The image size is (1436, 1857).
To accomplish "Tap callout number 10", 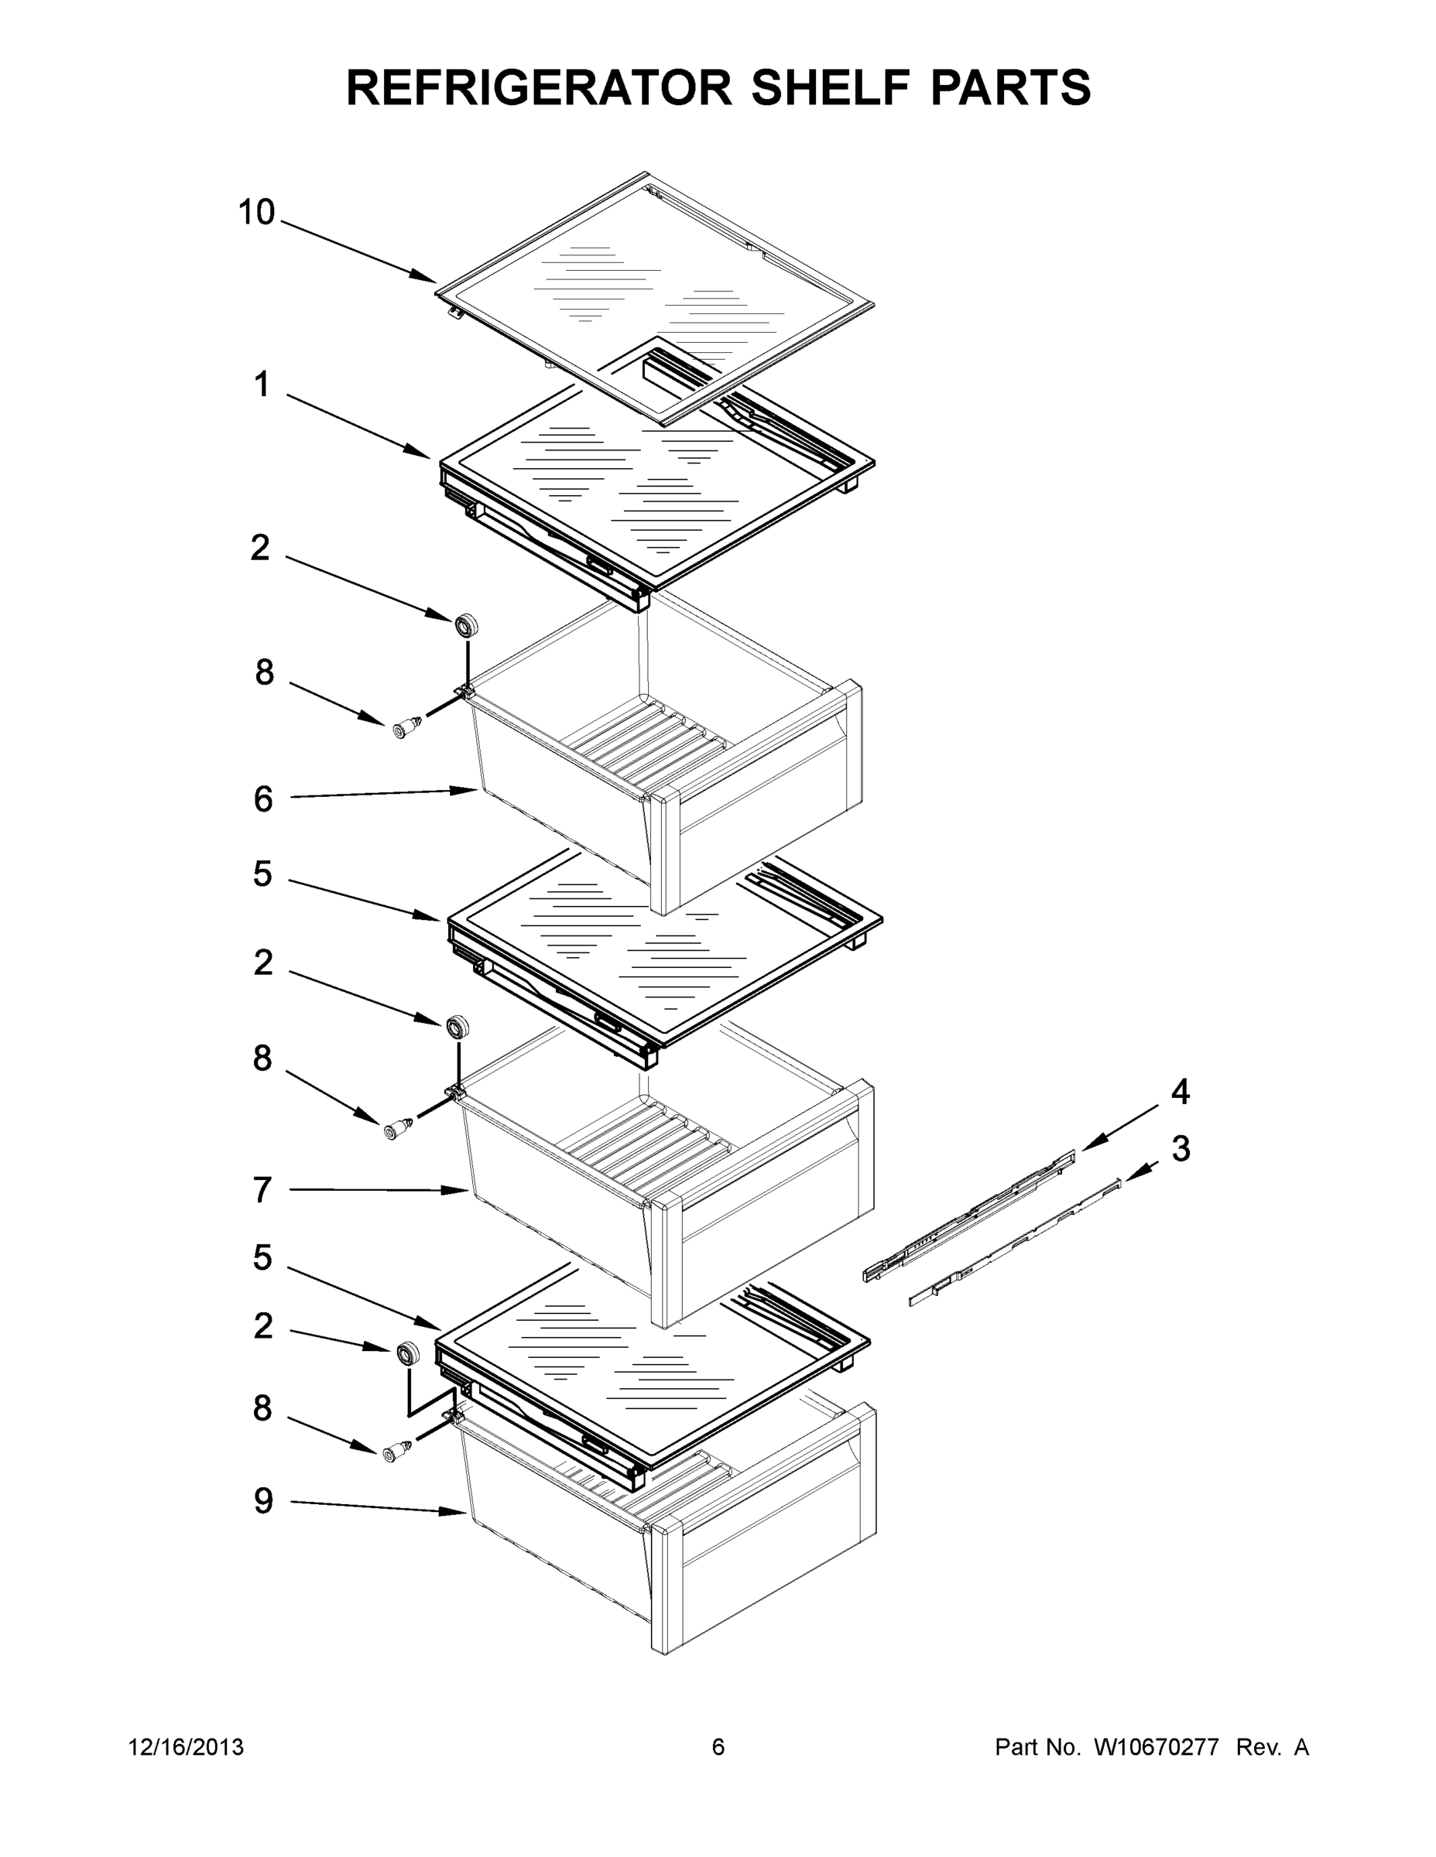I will coord(256,213).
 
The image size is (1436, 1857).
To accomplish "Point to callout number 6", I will coord(263,799).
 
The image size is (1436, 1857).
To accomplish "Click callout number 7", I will coord(262,1189).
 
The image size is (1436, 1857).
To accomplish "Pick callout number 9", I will coord(263,1501).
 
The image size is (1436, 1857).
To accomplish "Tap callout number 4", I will coord(1180,1092).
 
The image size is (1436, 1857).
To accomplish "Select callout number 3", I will coord(1181,1149).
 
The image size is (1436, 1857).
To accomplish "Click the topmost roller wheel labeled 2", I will coord(465,625).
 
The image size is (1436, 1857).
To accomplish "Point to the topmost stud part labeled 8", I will coord(406,727).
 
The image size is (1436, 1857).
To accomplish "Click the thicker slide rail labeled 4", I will coord(970,1219).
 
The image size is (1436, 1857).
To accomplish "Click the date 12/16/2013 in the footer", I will coord(186,1747).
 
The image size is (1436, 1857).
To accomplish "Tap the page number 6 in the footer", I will coord(718,1747).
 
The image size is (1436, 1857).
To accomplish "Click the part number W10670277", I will coord(1155,1747).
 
